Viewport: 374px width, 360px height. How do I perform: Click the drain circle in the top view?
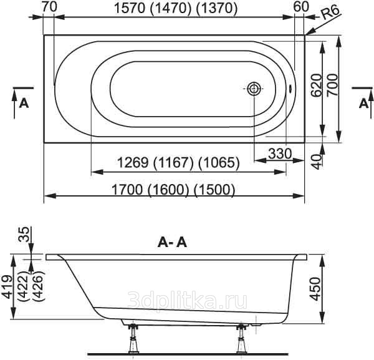pos(254,89)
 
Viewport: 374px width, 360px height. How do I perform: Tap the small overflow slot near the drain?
pos(290,89)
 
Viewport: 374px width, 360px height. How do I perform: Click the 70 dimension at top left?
pos(50,7)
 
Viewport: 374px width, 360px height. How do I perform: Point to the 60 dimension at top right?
pos(301,7)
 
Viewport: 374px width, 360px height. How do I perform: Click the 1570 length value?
pos(130,8)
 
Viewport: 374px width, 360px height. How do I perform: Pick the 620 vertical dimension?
pos(317,85)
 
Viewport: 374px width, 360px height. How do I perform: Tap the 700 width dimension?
pos(332,85)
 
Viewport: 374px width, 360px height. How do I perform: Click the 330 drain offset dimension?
pos(280,153)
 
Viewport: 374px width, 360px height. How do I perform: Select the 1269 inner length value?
pos(133,163)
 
